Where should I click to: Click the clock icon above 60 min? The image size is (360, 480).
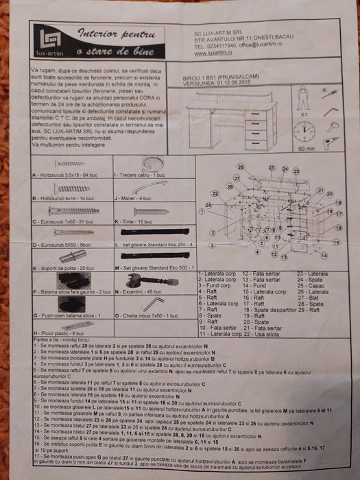pyautogui.click(x=304, y=131)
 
